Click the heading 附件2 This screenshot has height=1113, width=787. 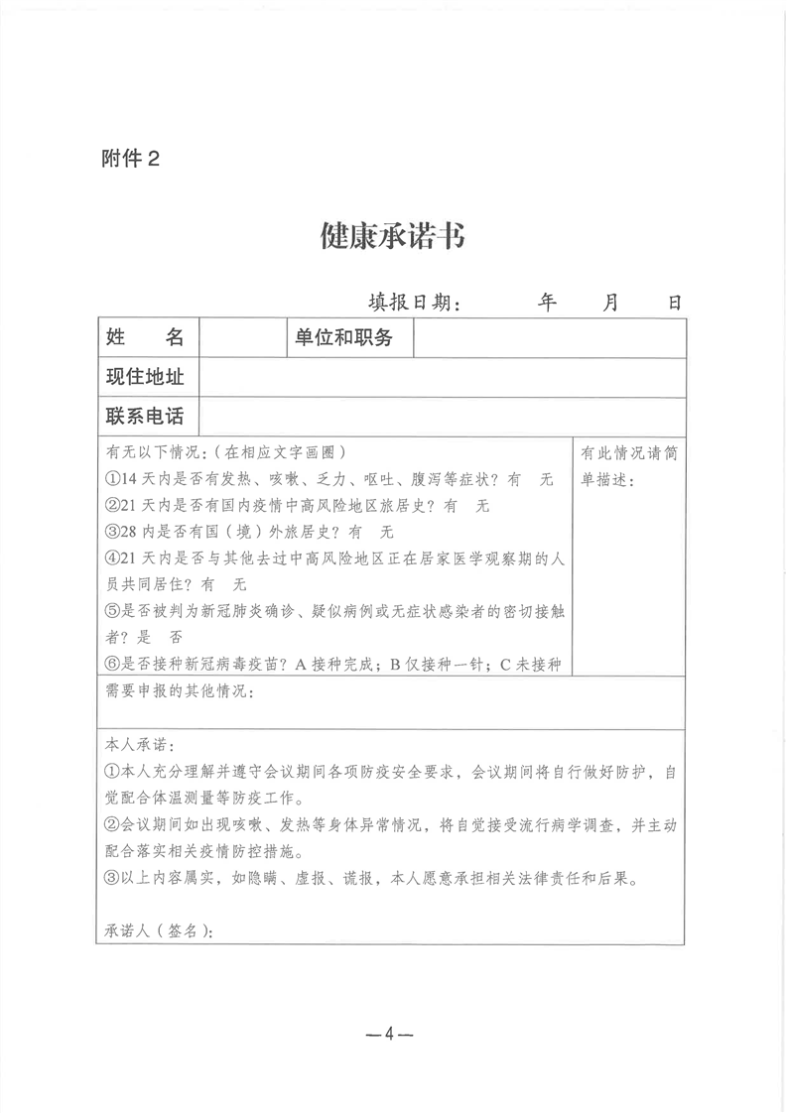[129, 158]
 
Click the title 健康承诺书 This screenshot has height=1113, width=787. [392, 236]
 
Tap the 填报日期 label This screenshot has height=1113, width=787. [414, 303]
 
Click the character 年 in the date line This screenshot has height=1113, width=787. [547, 303]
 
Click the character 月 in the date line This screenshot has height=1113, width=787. [610, 303]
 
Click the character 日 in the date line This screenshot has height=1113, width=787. [674, 303]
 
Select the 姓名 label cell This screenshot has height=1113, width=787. [146, 337]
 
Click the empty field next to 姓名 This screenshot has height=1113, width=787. [241, 337]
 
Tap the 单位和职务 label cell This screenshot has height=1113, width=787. [342, 337]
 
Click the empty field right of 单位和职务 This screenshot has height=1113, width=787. [549, 337]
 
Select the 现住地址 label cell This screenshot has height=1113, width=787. [146, 377]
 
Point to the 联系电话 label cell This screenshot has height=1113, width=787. [146, 416]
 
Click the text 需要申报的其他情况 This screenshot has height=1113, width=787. [179, 691]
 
